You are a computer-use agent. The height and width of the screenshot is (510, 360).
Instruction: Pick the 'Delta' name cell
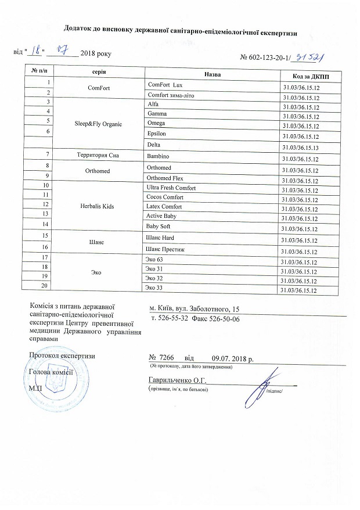click(x=154, y=143)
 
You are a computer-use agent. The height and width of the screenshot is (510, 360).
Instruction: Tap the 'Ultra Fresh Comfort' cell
click(x=172, y=188)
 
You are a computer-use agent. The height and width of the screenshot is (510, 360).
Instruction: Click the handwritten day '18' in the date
click(x=38, y=51)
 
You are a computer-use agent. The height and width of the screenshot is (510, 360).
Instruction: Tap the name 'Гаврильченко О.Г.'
click(x=178, y=380)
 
